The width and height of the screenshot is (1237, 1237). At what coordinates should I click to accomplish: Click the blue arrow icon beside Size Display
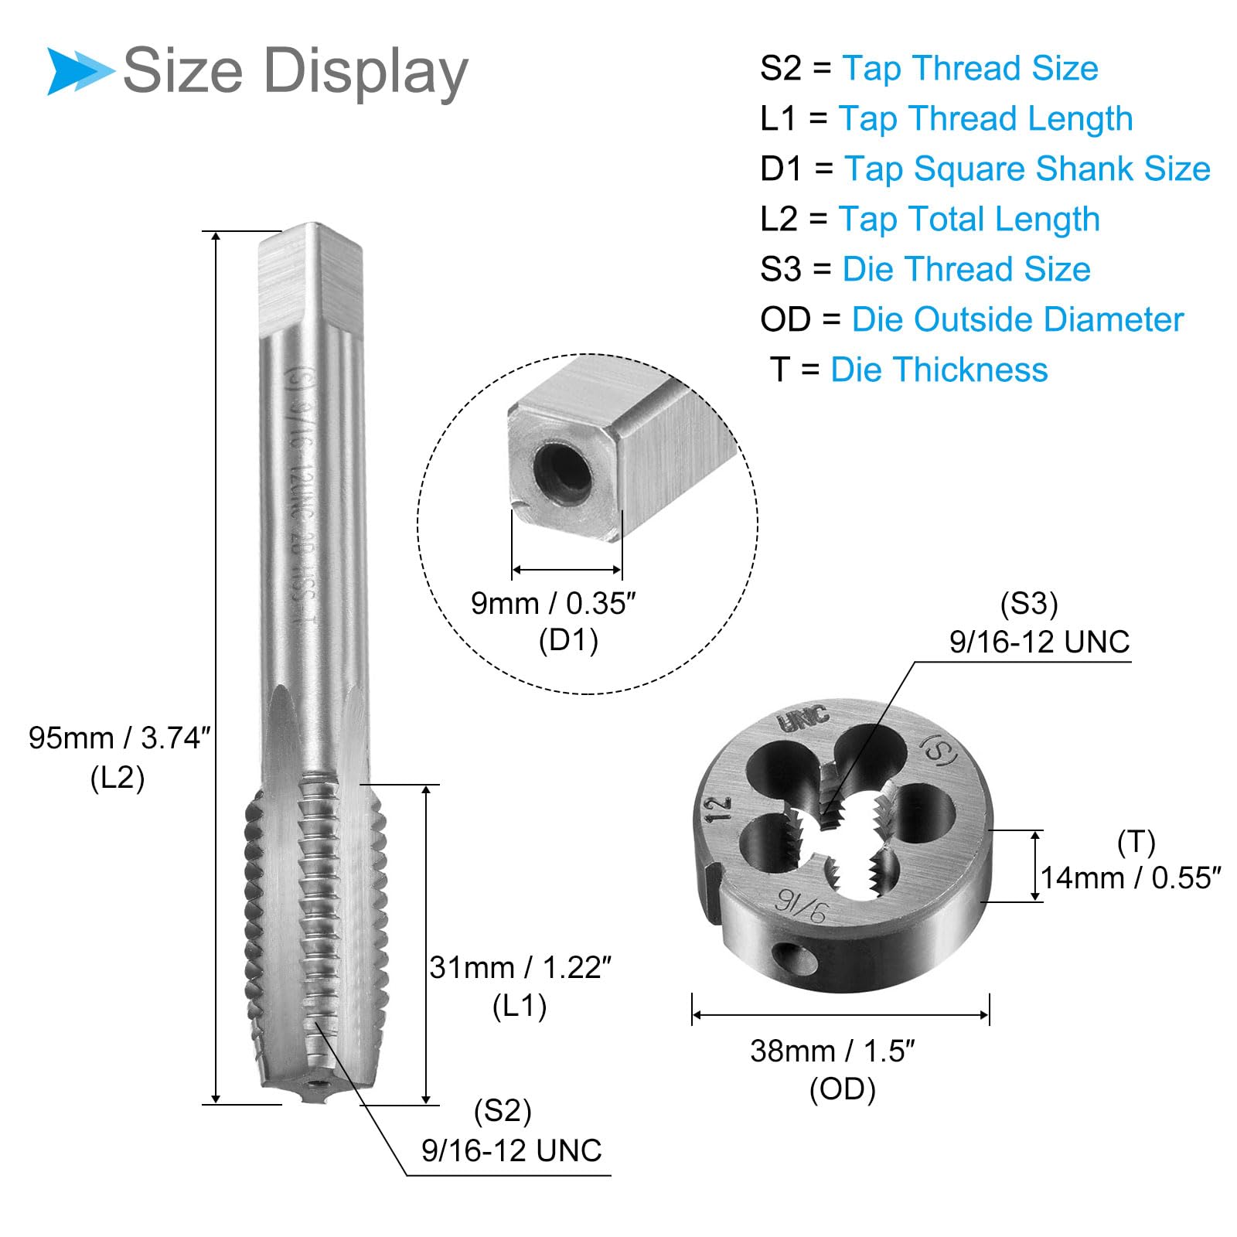pos(80,71)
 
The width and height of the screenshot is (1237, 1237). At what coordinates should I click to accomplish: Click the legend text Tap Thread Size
pos(969,68)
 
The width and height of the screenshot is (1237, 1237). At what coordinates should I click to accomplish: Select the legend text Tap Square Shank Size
pos(1027,169)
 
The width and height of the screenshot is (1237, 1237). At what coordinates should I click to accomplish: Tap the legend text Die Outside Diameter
pos(1017,319)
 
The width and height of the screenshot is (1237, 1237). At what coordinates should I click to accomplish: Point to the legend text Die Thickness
pos(939,370)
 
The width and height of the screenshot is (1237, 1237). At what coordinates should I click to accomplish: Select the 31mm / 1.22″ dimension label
pos(520,967)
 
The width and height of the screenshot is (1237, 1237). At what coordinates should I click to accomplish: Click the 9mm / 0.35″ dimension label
pos(554,604)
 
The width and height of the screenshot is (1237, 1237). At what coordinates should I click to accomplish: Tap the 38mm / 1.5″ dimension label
pos(833,1051)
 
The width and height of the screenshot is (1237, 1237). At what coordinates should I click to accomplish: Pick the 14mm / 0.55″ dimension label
pos(1131,878)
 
